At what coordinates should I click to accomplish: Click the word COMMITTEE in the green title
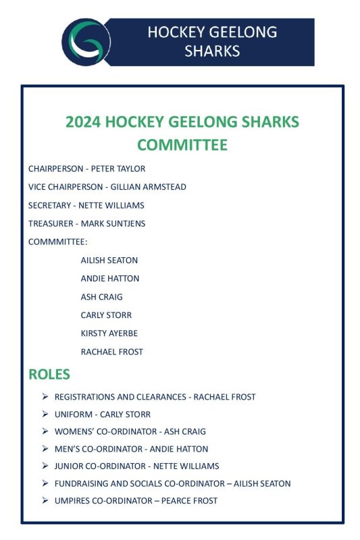point(182,144)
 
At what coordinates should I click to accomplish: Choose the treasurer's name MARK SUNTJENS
point(113,223)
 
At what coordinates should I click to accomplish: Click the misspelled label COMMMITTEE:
point(58,242)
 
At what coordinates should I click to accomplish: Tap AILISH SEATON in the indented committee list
point(109,260)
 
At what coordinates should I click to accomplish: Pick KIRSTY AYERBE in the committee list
point(109,333)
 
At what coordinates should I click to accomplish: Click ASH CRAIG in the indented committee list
point(101,297)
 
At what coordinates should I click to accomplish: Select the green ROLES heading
point(49,374)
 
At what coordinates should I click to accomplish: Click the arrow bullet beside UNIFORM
point(45,414)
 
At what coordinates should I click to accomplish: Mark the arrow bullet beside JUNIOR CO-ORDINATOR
point(45,466)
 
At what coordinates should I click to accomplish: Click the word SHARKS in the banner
point(212,51)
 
